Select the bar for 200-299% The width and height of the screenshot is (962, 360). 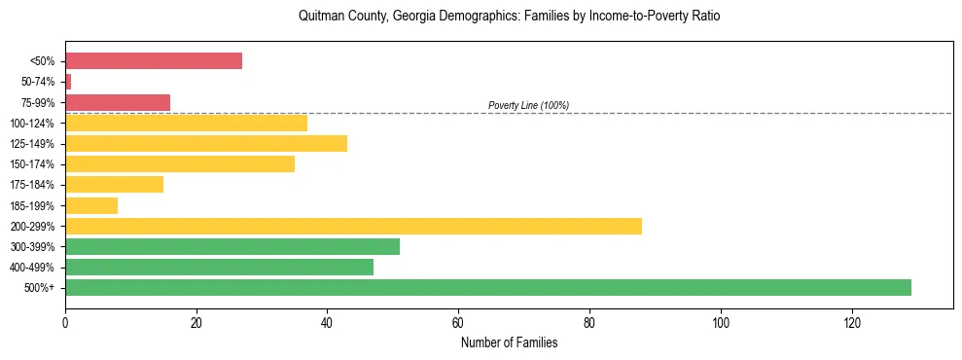353,226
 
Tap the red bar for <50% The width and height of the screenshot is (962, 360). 154,60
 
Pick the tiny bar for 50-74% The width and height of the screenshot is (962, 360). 68,82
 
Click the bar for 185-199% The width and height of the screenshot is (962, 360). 91,205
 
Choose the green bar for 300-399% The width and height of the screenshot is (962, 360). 232,246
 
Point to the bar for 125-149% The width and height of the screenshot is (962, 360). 206,143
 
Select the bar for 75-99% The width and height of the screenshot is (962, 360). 118,102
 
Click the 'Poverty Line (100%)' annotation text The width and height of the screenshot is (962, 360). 528,105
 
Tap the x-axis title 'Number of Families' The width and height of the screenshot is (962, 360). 509,342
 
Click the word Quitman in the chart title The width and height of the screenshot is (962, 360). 320,17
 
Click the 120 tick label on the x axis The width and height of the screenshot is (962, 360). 852,322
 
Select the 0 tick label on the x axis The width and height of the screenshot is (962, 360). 65,322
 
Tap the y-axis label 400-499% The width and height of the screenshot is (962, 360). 33,268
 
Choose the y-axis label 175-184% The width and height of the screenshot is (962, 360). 33,185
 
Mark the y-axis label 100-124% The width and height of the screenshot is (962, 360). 33,123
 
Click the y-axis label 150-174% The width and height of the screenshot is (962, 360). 33,164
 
